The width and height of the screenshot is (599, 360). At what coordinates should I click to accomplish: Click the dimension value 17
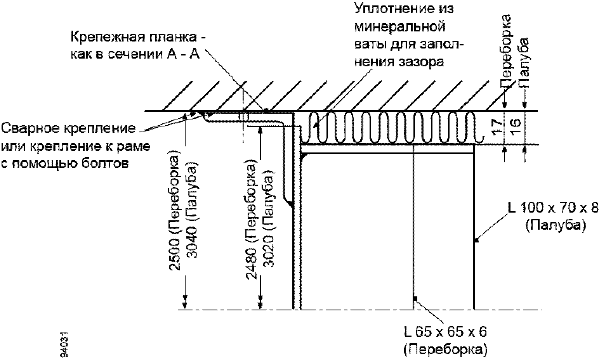point(497,126)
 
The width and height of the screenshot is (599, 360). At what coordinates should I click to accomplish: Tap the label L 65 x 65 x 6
point(445,332)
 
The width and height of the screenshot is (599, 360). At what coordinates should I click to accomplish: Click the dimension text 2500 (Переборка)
point(175,212)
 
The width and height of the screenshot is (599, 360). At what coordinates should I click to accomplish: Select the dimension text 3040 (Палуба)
point(192,209)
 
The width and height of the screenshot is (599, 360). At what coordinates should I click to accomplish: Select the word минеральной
point(400,27)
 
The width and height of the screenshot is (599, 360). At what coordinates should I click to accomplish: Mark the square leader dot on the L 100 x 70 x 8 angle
point(476,241)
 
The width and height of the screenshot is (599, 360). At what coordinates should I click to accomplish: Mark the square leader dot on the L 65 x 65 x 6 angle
point(415,298)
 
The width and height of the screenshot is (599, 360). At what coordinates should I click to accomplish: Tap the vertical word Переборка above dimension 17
point(506,51)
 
